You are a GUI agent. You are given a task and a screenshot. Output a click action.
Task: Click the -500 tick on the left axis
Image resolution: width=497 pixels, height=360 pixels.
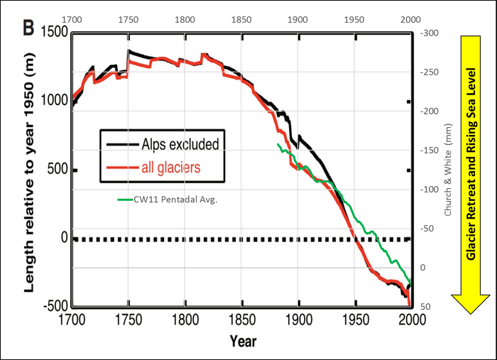53,306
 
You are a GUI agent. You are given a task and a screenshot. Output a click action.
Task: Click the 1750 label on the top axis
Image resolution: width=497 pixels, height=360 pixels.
128,18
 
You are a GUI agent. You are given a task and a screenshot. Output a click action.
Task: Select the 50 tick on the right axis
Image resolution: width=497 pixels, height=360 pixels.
426,306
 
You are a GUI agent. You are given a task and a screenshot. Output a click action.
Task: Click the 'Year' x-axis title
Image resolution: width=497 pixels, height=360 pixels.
242,341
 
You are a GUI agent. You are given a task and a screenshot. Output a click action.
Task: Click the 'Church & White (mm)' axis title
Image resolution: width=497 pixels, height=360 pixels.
448,170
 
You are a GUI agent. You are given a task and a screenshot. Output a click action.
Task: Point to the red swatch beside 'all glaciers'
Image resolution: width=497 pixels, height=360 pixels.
120,168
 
